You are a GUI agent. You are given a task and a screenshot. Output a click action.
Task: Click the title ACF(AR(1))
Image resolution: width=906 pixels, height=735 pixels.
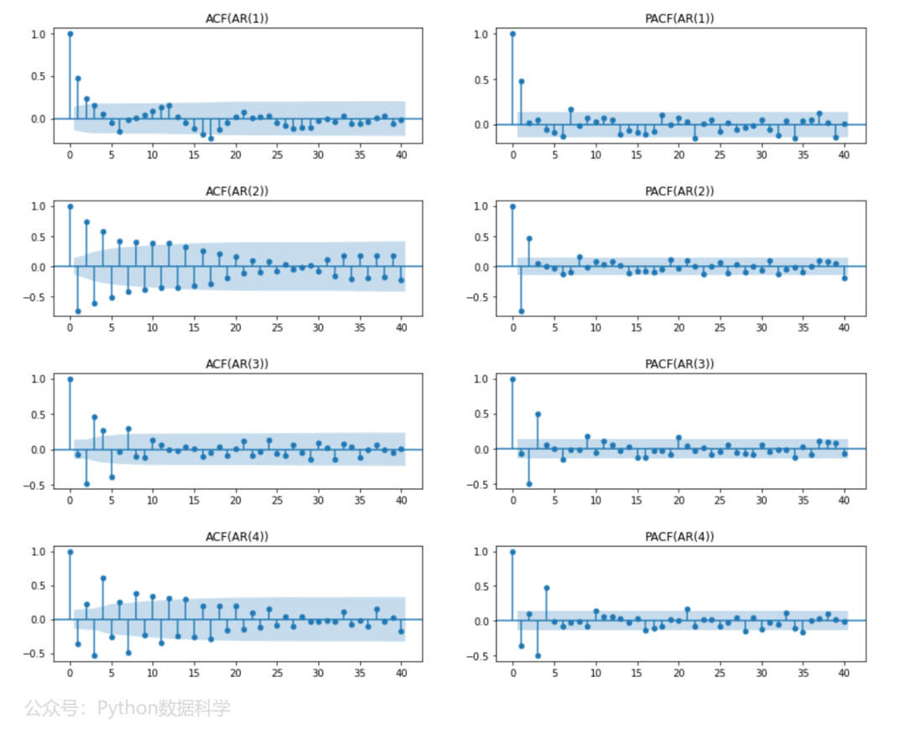click(x=237, y=18)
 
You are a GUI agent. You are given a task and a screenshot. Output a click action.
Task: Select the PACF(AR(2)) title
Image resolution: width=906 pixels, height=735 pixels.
click(x=679, y=191)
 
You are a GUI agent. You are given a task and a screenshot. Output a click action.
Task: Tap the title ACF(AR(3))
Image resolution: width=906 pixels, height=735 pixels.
click(x=237, y=364)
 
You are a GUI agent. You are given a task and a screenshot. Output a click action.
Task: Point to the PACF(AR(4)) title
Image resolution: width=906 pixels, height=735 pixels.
click(x=679, y=537)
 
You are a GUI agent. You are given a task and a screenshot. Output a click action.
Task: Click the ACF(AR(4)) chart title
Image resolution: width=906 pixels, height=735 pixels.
click(x=237, y=537)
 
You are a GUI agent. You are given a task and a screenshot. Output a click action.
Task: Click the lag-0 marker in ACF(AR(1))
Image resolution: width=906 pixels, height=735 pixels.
click(x=70, y=34)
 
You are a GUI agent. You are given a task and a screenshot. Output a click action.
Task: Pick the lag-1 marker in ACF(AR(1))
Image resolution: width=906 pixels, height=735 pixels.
click(x=78, y=79)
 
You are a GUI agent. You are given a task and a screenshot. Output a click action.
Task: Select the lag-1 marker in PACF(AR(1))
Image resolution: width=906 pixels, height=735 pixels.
click(x=521, y=81)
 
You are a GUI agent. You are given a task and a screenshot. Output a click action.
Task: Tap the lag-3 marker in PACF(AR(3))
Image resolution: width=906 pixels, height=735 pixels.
click(x=538, y=414)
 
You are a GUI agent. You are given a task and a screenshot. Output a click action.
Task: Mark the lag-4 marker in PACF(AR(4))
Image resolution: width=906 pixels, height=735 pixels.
click(x=547, y=588)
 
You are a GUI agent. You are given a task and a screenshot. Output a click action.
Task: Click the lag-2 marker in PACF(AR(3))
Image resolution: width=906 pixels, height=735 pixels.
click(x=529, y=484)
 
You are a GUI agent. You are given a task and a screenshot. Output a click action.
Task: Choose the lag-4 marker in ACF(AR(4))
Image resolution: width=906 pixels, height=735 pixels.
click(x=103, y=578)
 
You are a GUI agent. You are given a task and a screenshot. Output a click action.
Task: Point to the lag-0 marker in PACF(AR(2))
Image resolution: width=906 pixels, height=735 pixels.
click(x=513, y=206)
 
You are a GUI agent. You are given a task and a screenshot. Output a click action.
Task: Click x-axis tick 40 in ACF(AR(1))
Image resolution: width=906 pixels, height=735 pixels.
click(x=402, y=155)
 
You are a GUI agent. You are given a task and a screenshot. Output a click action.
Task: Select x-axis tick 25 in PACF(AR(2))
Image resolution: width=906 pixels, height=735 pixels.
click(x=720, y=327)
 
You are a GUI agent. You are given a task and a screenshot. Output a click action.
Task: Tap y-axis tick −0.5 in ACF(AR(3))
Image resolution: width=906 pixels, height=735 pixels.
click(x=34, y=486)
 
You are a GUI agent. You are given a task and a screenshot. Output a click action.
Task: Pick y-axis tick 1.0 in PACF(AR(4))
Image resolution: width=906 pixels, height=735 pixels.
click(x=481, y=552)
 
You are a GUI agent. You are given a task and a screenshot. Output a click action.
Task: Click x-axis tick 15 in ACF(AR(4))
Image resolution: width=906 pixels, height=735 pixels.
click(x=194, y=673)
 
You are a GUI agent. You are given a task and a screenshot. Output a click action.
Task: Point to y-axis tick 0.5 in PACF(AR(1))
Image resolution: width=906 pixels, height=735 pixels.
click(x=481, y=80)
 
